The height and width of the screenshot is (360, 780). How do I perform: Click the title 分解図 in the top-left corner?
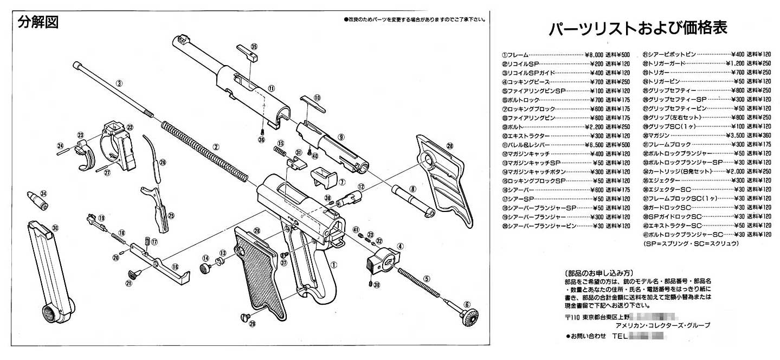[x=38, y=23]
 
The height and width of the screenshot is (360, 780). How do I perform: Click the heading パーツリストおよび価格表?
[x=637, y=29]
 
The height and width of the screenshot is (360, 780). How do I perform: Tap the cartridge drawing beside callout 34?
[x=37, y=200]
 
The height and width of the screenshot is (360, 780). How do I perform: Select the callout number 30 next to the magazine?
[x=55, y=228]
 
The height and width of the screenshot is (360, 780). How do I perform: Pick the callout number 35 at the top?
[x=254, y=47]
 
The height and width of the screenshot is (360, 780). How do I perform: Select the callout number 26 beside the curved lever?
[x=163, y=162]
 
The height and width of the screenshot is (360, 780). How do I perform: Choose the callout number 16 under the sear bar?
[x=175, y=267]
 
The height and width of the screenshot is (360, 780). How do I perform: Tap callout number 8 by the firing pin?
[x=412, y=189]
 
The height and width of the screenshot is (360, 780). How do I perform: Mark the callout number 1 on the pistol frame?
[x=334, y=266]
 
